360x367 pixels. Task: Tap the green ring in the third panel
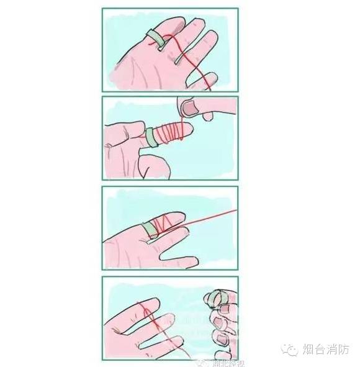tap(149, 229)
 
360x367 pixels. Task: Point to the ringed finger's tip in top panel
tap(171, 23)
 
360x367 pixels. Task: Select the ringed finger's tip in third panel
tap(181, 217)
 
